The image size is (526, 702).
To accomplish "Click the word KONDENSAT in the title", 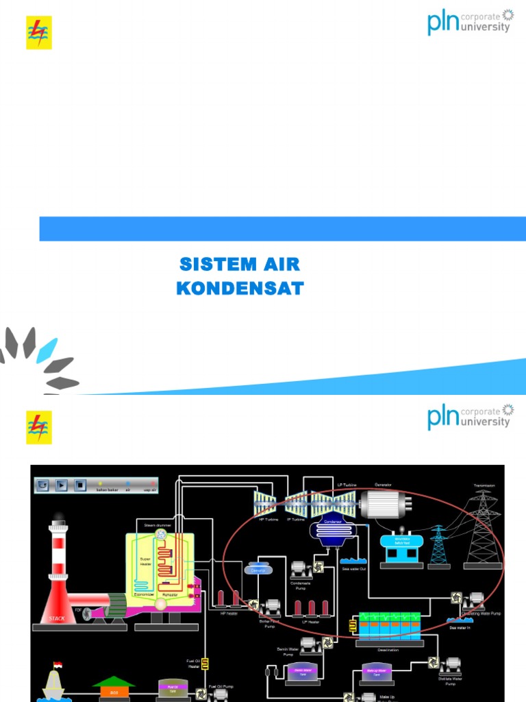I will [240, 289].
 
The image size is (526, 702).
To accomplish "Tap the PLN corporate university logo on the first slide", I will [470, 22].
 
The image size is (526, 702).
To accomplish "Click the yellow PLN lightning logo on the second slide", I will [39, 427].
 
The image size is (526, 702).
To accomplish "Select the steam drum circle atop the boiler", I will [162, 534].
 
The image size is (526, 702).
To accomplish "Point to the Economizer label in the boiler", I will [144, 594].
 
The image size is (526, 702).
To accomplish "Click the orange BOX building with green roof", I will [114, 688].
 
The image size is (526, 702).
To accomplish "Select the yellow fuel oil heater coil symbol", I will [204, 664].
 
